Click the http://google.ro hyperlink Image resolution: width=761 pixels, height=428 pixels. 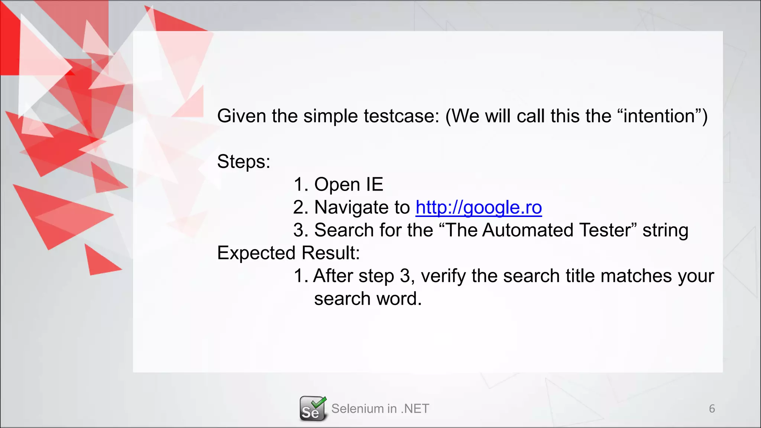479,207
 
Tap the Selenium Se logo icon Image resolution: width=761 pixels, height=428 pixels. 313,409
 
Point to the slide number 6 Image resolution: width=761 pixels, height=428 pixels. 712,409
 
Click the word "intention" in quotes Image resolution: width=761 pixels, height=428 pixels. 659,116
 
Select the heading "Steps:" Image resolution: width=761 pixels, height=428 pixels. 244,162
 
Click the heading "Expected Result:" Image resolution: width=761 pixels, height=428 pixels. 288,253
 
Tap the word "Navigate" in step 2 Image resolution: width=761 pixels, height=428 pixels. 362,207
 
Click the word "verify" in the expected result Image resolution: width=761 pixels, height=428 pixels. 443,276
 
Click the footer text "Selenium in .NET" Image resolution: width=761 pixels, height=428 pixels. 380,409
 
